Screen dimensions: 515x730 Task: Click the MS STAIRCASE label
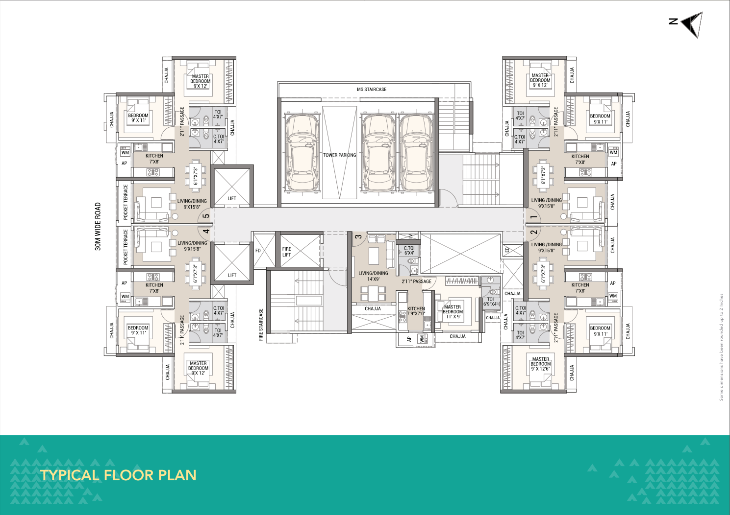372,90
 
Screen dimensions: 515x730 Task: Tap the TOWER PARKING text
339,155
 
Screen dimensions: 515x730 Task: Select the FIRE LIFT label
287,252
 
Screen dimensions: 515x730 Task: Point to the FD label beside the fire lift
258,251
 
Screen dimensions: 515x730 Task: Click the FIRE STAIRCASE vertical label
261,324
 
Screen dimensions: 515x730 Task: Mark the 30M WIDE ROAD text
98,227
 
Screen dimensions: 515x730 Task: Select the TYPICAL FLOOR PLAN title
118,475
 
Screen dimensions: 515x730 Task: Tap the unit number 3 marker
358,237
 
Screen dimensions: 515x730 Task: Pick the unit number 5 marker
206,216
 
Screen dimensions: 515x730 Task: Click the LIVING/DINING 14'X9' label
373,276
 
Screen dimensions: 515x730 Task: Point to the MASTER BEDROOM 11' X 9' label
453,312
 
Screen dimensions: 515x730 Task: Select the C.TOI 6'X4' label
409,251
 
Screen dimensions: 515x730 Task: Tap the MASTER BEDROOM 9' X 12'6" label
540,364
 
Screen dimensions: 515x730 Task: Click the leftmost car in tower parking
302,153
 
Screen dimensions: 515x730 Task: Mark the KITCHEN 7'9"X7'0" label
416,311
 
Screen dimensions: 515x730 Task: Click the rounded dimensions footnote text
721,347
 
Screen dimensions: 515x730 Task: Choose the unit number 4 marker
206,232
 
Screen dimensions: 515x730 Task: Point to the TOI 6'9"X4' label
490,302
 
